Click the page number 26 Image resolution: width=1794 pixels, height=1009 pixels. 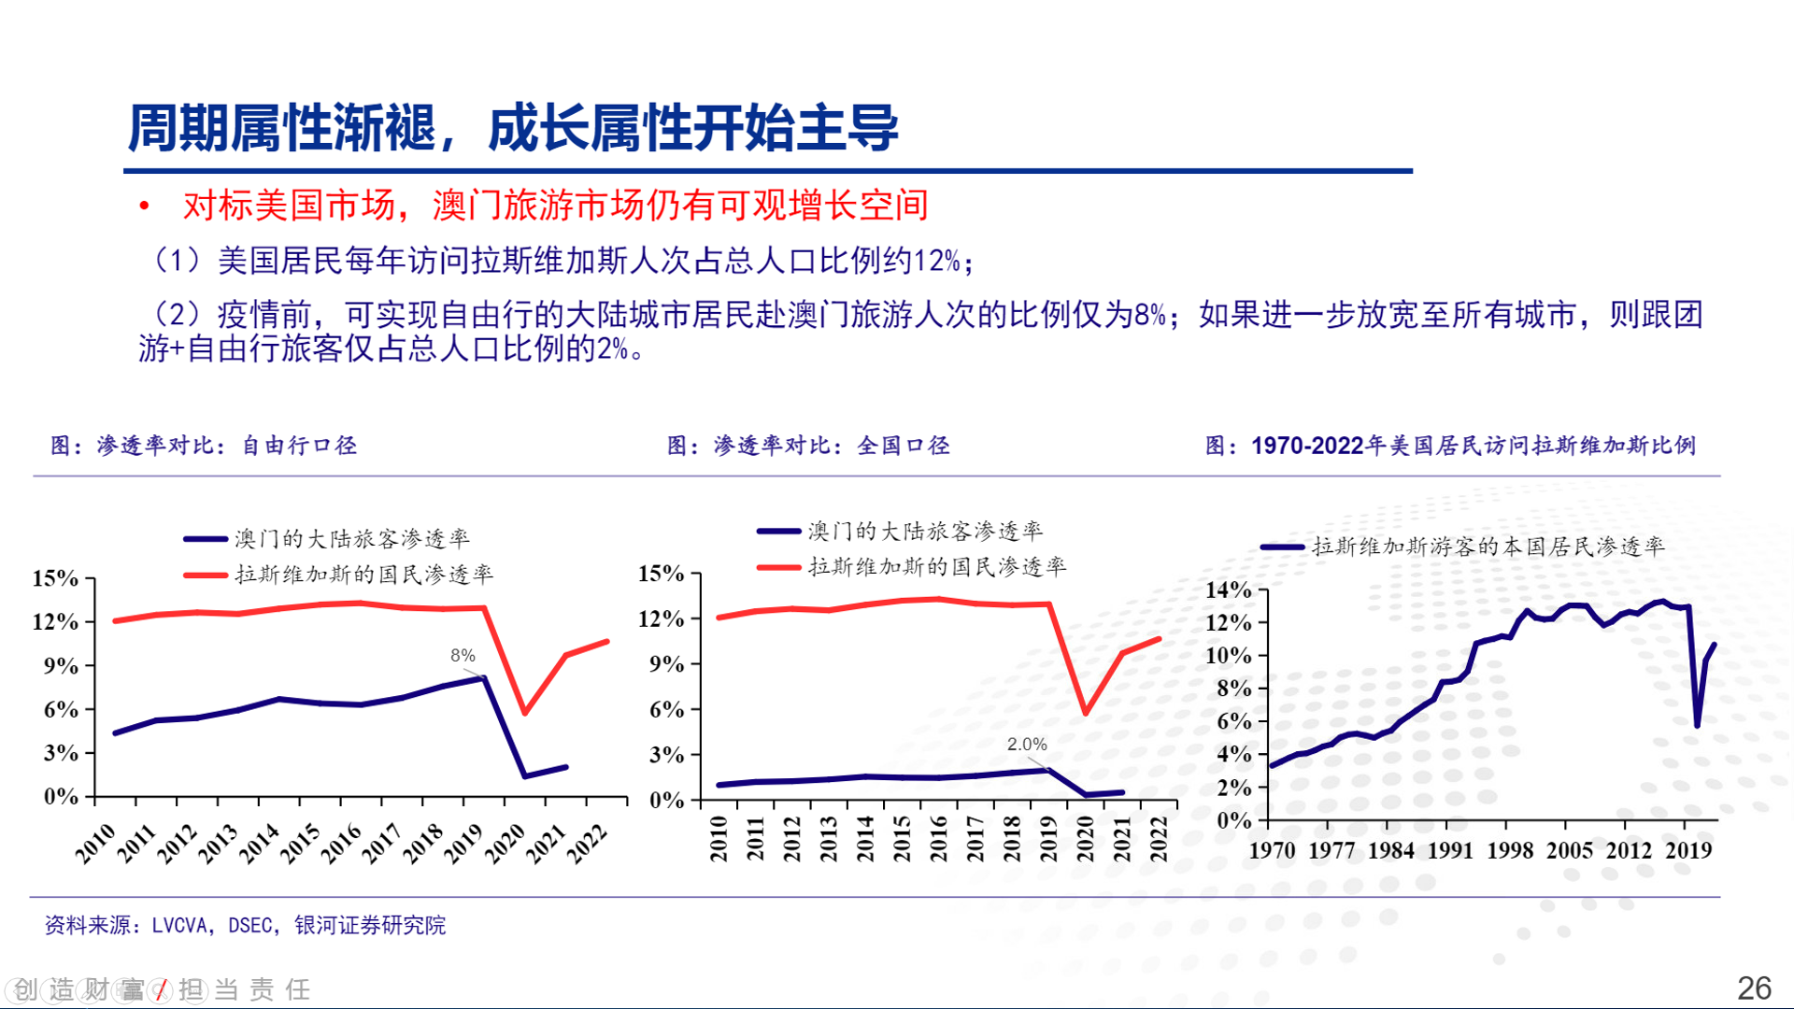point(1754,988)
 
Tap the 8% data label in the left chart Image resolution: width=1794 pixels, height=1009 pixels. point(463,656)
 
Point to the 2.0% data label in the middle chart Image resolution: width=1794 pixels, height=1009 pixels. point(1026,745)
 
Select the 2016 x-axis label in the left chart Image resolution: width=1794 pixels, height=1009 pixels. point(341,843)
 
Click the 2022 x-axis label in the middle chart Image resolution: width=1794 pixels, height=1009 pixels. point(1159,838)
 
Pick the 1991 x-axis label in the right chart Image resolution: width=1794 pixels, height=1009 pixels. point(1450,850)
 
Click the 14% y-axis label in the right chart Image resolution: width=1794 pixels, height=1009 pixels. point(1228,590)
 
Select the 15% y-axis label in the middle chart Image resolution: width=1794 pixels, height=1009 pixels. point(661,574)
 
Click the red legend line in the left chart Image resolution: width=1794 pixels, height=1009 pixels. point(206,575)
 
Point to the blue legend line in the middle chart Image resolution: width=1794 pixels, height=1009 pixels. point(778,532)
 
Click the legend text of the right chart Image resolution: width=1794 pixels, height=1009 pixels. point(1488,547)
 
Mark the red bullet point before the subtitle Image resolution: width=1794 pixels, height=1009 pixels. point(144,206)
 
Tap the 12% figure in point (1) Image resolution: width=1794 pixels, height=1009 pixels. point(936,261)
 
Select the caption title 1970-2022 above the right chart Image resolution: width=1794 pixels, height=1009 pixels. point(1307,446)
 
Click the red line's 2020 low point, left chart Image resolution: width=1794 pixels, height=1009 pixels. point(525,713)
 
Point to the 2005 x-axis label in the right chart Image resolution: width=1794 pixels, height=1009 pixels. point(1569,850)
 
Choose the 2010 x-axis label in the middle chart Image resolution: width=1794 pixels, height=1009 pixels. point(719,838)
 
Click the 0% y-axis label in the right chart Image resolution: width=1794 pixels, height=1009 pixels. point(1233,820)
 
